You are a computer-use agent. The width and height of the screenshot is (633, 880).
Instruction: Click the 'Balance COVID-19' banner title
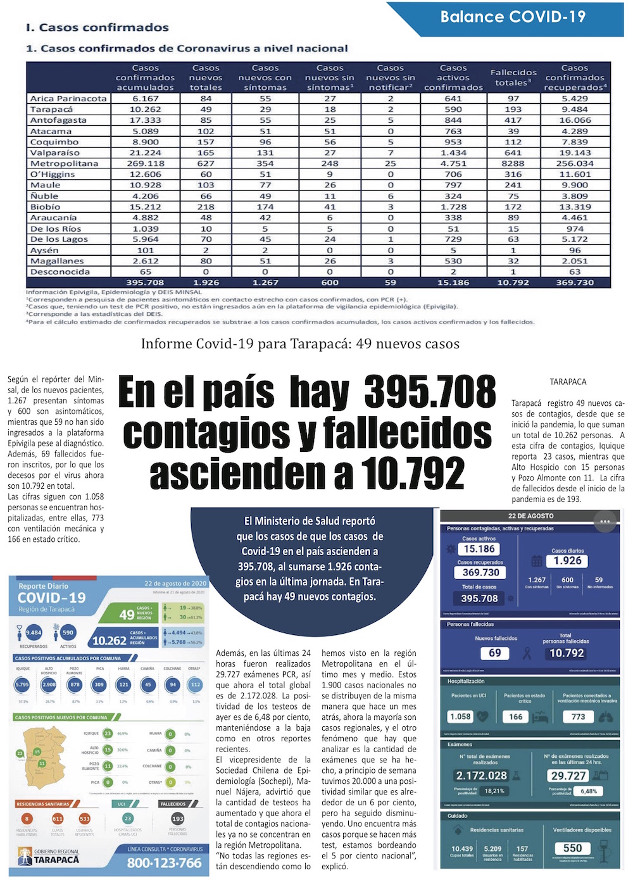pos(513,17)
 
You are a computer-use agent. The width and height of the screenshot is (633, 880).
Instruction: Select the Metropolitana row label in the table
pos(64,163)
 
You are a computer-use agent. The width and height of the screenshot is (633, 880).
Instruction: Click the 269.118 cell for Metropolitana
pos(145,163)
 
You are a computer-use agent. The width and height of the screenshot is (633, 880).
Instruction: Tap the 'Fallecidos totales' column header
pos(513,77)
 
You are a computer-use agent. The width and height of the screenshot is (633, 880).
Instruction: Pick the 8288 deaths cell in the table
pos(513,163)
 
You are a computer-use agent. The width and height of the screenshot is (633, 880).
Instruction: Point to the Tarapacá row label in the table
pos(51,110)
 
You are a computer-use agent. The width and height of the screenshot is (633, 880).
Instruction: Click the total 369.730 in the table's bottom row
pos(574,282)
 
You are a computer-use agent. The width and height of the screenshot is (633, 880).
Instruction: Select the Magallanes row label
pos(57,261)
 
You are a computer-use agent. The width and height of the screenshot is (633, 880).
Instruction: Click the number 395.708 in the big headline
pos(430,393)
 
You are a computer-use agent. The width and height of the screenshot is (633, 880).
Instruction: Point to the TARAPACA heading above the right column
pos(568,382)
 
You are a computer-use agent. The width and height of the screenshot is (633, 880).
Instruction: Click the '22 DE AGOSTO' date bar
pos(530,516)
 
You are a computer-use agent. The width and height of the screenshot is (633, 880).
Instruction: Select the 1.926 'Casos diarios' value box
pos(567,561)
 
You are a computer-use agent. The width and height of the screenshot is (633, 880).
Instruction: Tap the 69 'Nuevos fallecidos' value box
pos(495,653)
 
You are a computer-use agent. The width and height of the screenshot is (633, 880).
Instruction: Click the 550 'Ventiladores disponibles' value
pos(572,848)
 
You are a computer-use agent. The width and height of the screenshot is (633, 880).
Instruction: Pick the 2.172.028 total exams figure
pos(481,776)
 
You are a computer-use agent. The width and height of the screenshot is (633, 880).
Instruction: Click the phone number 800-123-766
pos(164,862)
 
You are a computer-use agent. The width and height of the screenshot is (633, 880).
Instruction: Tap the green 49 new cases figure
pos(127,614)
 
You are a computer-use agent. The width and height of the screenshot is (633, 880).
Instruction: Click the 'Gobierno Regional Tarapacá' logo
pos(49,857)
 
